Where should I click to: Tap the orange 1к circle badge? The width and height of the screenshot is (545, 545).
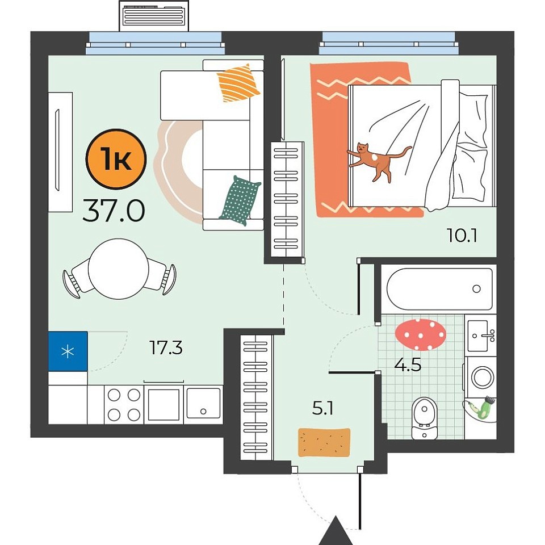116,159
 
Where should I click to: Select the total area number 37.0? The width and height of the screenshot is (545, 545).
114,211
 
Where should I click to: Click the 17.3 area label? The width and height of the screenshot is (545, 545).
166,347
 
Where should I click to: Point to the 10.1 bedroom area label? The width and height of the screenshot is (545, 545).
462,235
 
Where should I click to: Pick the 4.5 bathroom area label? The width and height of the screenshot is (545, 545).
408,364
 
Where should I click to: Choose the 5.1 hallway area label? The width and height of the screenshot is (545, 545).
323,408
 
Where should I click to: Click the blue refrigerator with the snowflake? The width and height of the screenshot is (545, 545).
68,351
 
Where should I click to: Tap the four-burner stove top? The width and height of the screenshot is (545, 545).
124,405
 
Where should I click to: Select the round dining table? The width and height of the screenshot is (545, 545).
119,269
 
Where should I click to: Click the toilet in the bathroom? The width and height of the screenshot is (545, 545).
425,418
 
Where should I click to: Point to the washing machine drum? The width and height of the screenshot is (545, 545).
482,378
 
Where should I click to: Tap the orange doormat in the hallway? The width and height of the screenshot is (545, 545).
324,442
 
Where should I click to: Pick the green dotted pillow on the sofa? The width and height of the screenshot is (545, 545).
240,201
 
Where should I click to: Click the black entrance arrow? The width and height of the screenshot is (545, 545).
336,531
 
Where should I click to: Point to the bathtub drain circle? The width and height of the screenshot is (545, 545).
476,288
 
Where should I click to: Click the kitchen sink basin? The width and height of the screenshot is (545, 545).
203,404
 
